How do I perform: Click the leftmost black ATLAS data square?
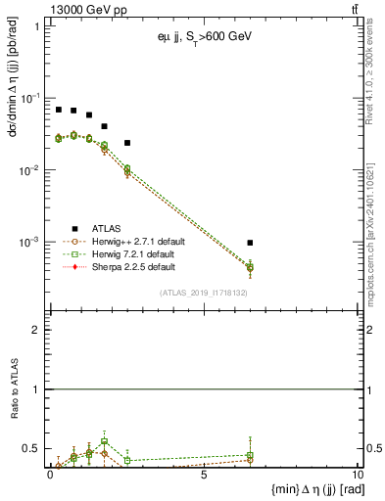click(59, 110)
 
